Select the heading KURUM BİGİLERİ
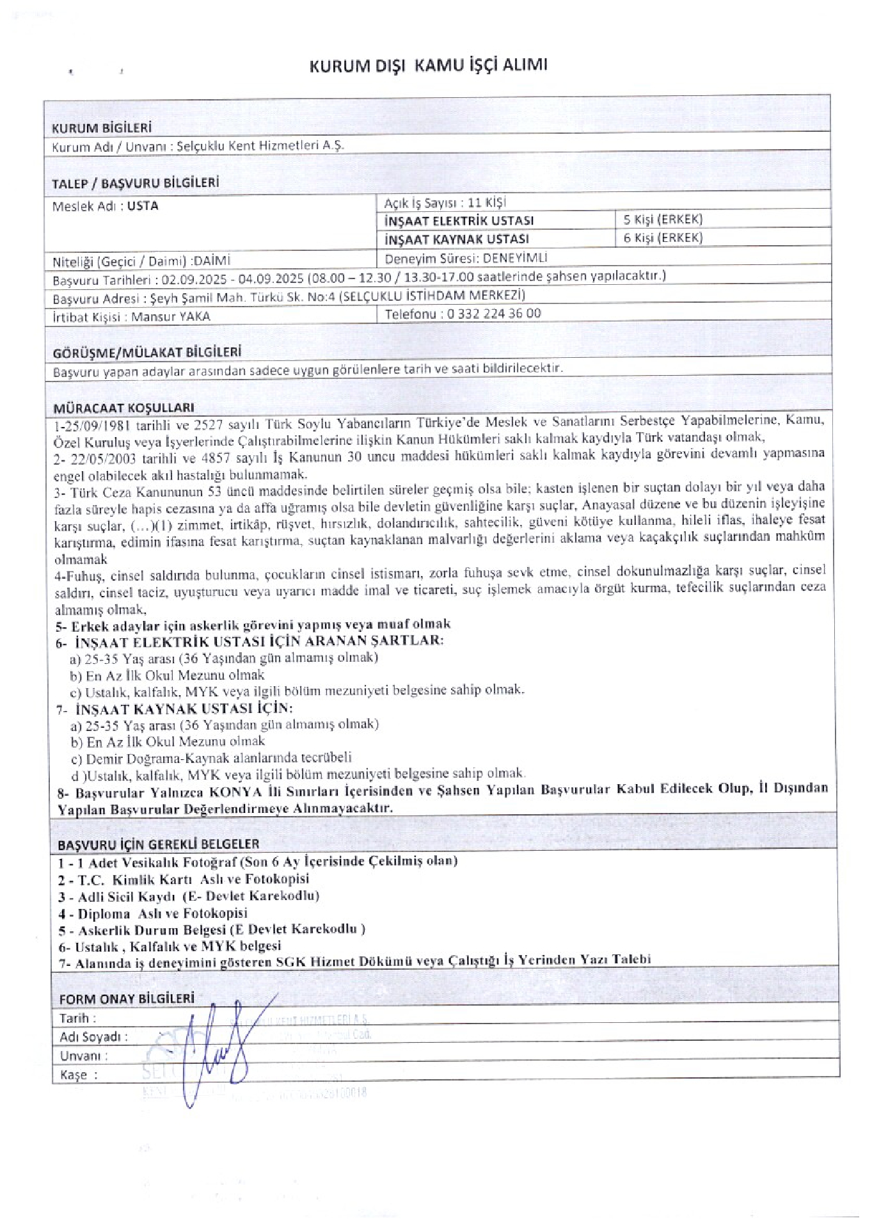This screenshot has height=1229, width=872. pyautogui.click(x=101, y=128)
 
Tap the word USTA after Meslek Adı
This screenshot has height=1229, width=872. pyautogui.click(x=143, y=206)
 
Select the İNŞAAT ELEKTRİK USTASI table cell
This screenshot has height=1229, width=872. pyautogui.click(x=459, y=221)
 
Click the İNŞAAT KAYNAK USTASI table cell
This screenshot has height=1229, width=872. pyautogui.click(x=456, y=239)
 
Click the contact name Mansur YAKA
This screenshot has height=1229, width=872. pyautogui.click(x=171, y=316)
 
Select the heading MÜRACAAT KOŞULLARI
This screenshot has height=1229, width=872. pyautogui.click(x=123, y=407)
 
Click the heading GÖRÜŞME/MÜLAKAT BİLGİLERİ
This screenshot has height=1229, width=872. pyautogui.click(x=147, y=352)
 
